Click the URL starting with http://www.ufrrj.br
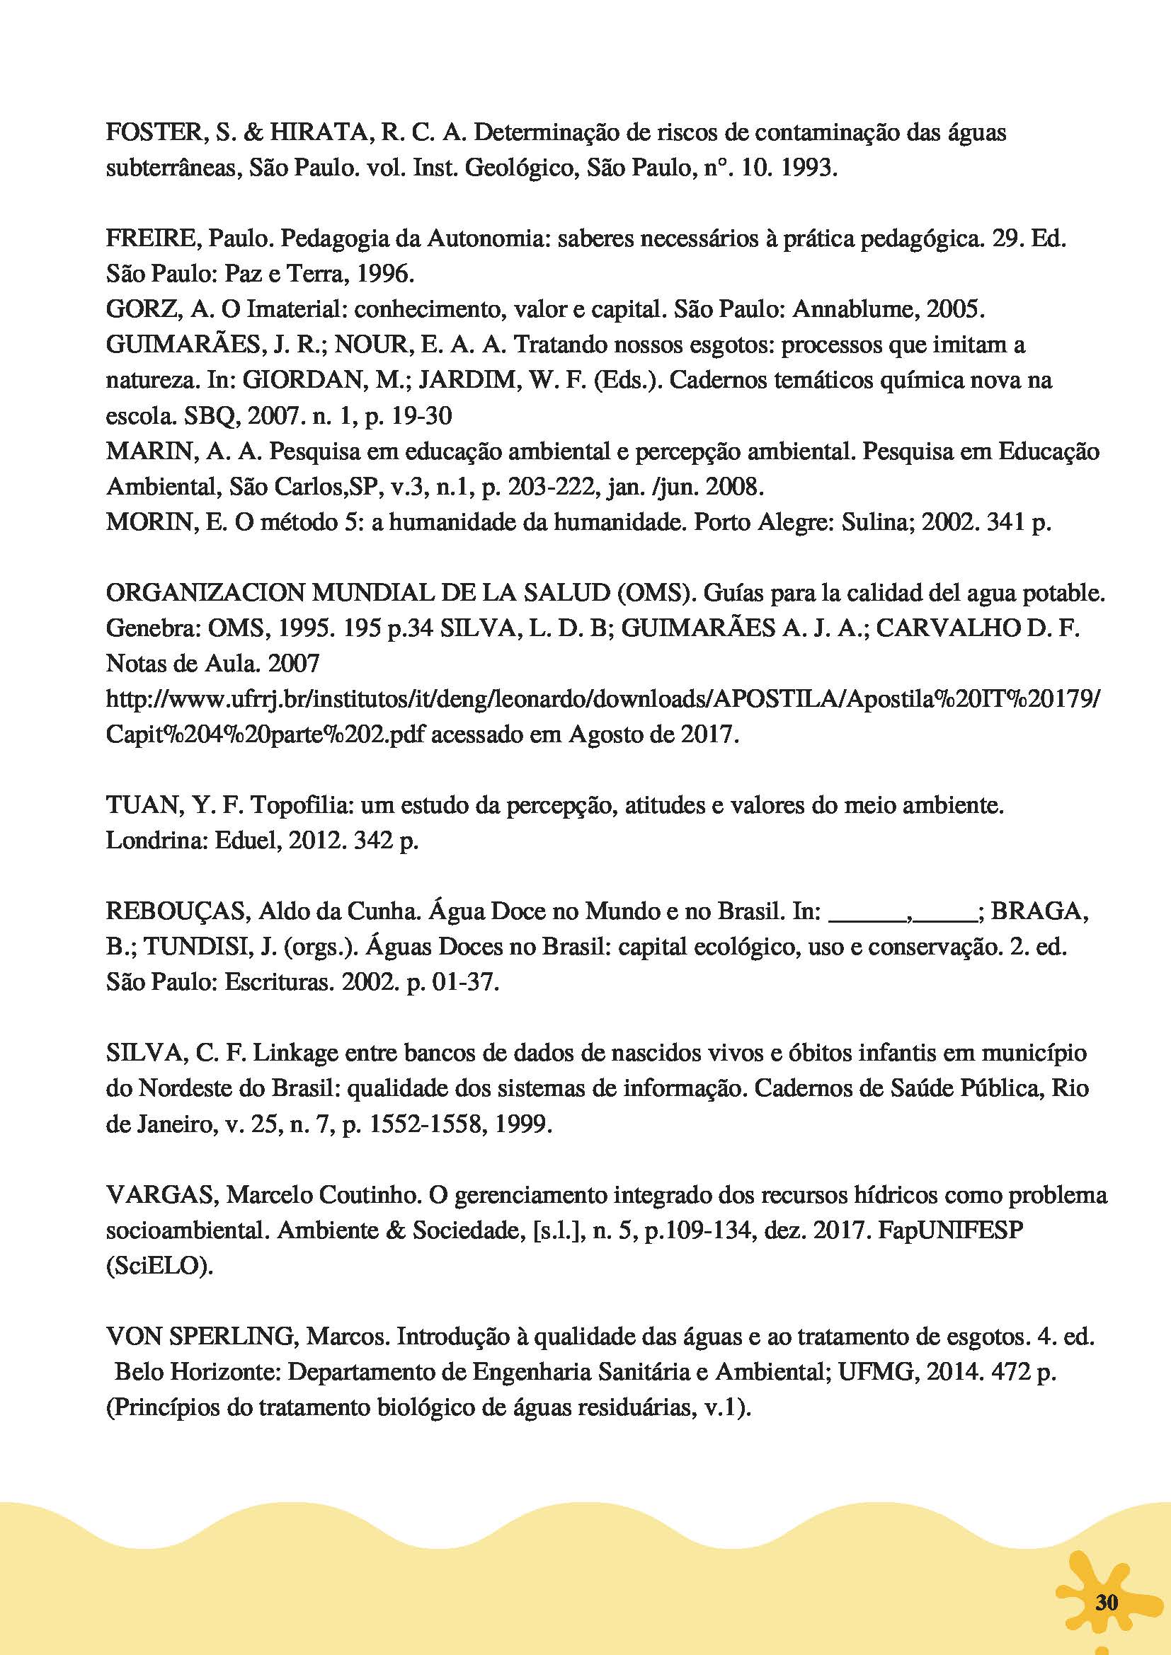coord(604,698)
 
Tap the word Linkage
coord(297,1053)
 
